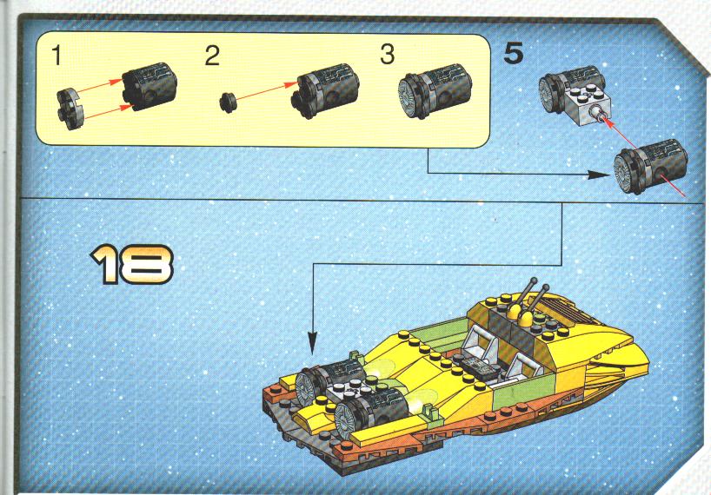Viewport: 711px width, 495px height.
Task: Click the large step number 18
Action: click(x=131, y=264)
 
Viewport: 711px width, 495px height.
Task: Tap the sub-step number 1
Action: click(x=56, y=56)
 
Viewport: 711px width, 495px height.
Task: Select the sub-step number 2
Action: click(x=212, y=56)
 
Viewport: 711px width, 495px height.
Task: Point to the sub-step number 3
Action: click(x=388, y=55)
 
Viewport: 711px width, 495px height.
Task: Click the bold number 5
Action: click(x=514, y=53)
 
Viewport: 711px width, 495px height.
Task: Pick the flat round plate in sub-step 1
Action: click(x=70, y=109)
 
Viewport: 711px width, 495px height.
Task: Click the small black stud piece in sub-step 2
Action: click(x=228, y=102)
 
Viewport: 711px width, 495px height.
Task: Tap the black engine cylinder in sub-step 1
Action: click(x=150, y=86)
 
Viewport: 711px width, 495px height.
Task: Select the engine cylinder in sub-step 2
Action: click(x=325, y=90)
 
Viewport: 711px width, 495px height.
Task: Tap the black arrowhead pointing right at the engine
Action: click(x=599, y=175)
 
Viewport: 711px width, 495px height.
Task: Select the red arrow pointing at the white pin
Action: click(x=623, y=134)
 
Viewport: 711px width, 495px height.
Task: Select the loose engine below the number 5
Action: click(x=650, y=167)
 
